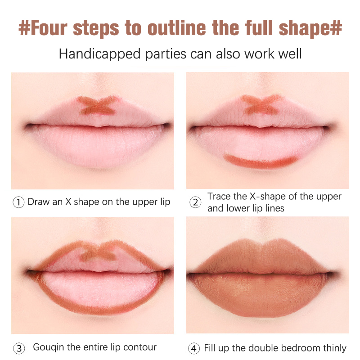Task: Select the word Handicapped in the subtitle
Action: pos(99,54)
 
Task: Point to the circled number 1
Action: pos(18,202)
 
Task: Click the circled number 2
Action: pos(195,202)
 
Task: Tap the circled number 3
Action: pos(19,348)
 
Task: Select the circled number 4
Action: pos(194,348)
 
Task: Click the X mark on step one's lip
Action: pos(98,105)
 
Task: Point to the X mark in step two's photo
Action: pos(261,104)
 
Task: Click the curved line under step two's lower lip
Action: pos(260,162)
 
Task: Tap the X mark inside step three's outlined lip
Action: pos(98,254)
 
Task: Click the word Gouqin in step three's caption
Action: pos(49,347)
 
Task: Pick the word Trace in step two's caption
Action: pos(219,197)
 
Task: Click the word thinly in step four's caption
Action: pos(335,348)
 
